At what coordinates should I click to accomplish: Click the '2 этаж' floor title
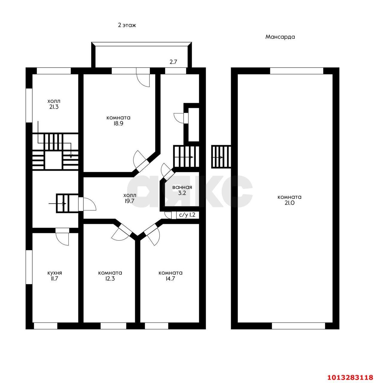pyautogui.click(x=127, y=25)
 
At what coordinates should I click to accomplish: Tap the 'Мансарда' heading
pyautogui.click(x=280, y=37)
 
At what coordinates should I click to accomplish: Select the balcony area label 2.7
pyautogui.click(x=173, y=62)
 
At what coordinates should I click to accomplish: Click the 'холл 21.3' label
pyautogui.click(x=54, y=104)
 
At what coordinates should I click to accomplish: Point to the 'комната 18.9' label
pyautogui.click(x=118, y=121)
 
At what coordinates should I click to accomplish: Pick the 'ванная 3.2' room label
pyautogui.click(x=182, y=190)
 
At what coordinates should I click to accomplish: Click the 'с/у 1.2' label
pyautogui.click(x=187, y=215)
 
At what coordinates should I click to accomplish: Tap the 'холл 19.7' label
pyautogui.click(x=130, y=198)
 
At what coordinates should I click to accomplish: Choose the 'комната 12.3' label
pyautogui.click(x=110, y=276)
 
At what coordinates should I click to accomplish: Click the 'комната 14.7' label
pyautogui.click(x=170, y=276)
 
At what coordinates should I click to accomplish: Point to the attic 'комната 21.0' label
pyautogui.click(x=289, y=200)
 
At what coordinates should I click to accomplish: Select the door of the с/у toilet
pyautogui.click(x=170, y=215)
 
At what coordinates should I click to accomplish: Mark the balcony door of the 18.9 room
pyautogui.click(x=143, y=77)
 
